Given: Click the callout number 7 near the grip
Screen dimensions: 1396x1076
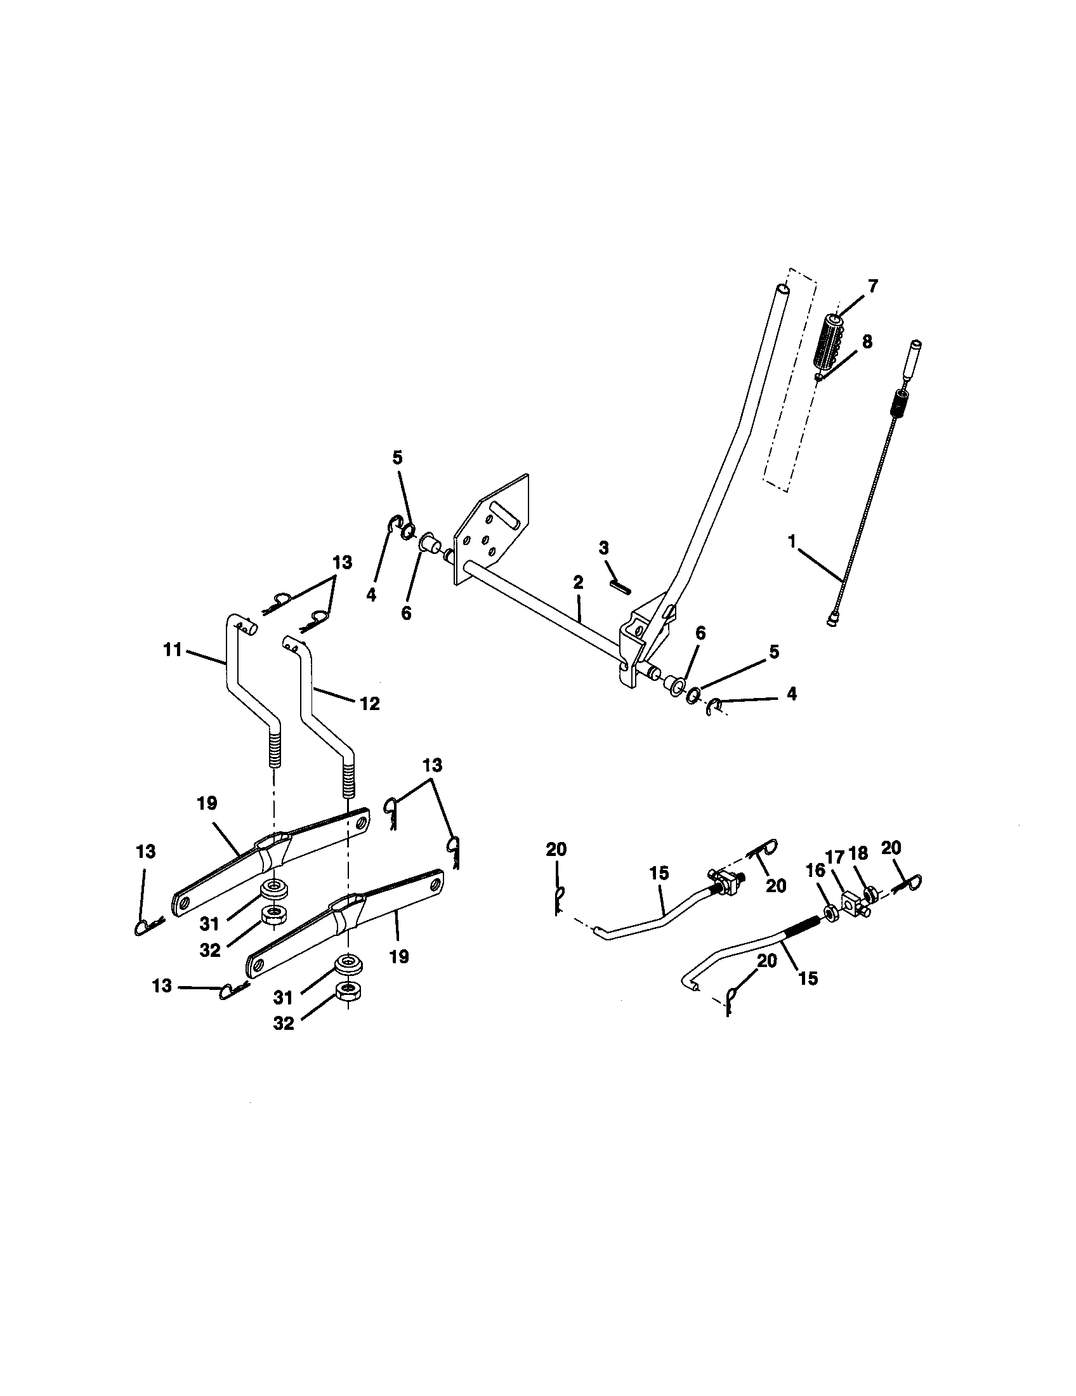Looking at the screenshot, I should pyautogui.click(x=872, y=286).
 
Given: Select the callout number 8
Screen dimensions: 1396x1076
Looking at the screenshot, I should pyautogui.click(x=867, y=341).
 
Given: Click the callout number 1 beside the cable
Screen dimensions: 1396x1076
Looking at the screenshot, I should pyautogui.click(x=792, y=542).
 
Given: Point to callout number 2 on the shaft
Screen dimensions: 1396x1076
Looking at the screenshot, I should pyautogui.click(x=577, y=582).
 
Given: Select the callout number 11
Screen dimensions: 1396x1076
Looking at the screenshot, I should pyautogui.click(x=173, y=650).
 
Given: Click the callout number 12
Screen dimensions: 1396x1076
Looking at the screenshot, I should pyautogui.click(x=370, y=704).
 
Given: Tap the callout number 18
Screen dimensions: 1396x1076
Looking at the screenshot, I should pyautogui.click(x=859, y=853).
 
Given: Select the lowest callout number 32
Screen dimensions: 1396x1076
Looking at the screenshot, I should pyautogui.click(x=284, y=1024).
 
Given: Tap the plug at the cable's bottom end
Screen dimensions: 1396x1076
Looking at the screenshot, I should pyautogui.click(x=831, y=619).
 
